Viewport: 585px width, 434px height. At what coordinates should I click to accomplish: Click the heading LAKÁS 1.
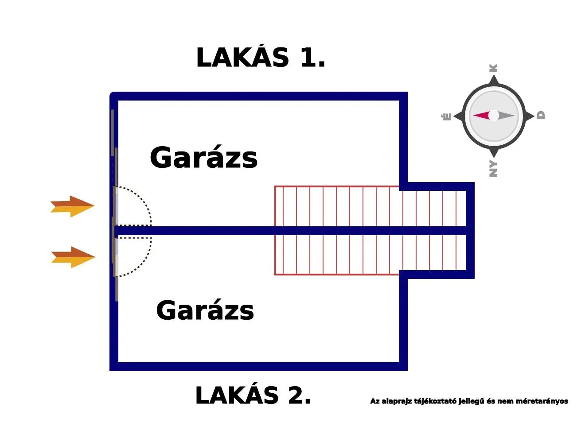tap(261, 58)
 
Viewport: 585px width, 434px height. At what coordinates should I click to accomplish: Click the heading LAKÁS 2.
tap(253, 395)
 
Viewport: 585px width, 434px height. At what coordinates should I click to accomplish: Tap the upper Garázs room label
tap(203, 158)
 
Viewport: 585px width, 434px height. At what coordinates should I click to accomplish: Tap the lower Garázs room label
tap(205, 310)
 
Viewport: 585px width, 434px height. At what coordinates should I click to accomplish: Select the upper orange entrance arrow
tap(72, 206)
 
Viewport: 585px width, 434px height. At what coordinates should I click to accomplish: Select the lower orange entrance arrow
tap(73, 257)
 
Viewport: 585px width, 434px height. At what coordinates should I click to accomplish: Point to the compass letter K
tap(493, 68)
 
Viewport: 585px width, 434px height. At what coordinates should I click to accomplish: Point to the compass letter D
tap(541, 115)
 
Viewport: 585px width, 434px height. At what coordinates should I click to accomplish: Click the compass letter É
tap(447, 116)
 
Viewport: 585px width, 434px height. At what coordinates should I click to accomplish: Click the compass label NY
tap(493, 169)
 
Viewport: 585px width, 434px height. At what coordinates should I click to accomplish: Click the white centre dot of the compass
tap(493, 116)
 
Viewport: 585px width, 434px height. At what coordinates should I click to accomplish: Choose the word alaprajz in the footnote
tap(396, 401)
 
